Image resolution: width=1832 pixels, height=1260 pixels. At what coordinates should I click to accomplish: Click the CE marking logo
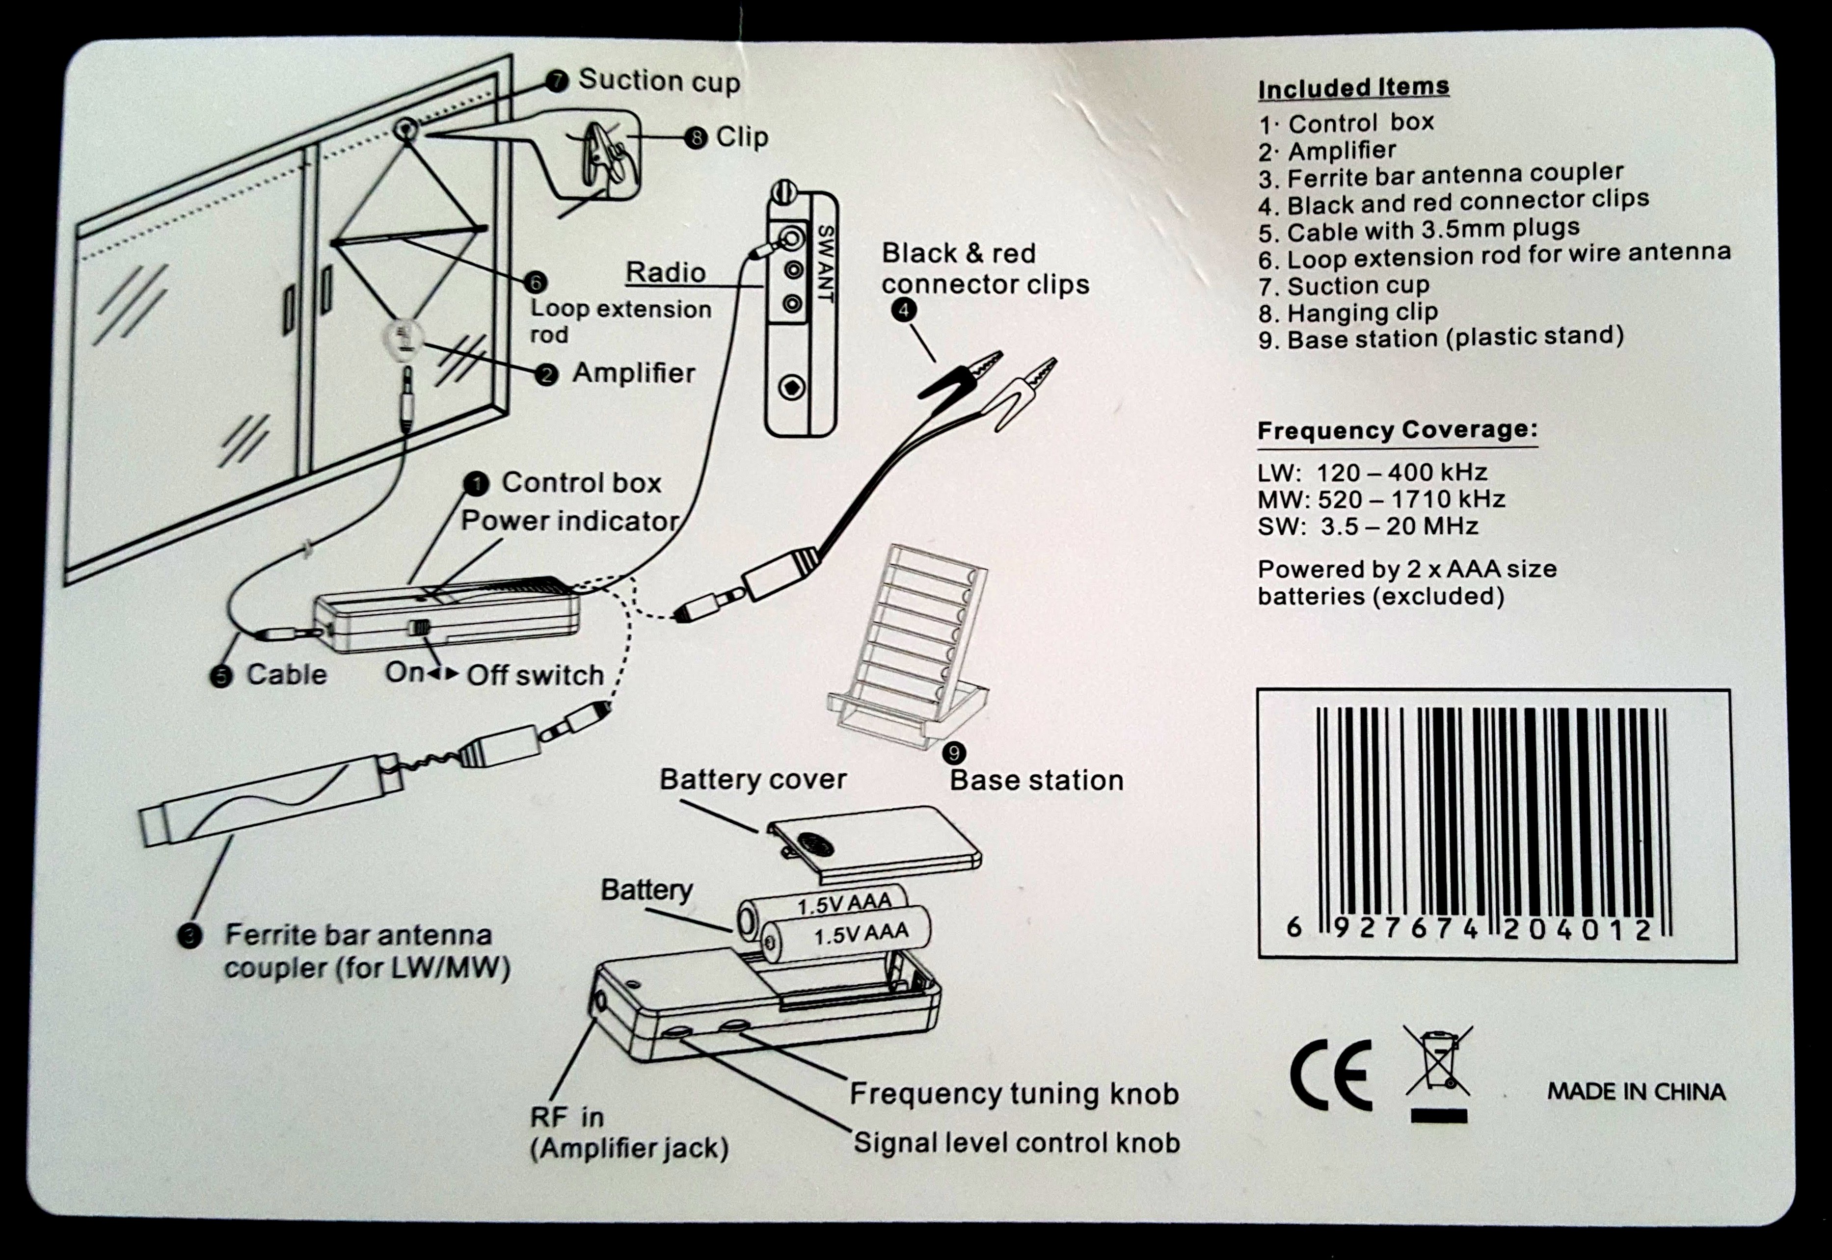[x=1331, y=1075]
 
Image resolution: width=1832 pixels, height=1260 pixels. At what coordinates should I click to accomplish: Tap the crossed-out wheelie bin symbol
[x=1438, y=1062]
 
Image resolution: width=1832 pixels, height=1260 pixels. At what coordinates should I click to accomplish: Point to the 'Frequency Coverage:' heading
[x=1397, y=430]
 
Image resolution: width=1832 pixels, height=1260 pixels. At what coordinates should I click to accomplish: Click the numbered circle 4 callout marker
[x=903, y=310]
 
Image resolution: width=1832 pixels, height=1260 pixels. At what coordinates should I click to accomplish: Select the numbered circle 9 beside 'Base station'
[x=954, y=753]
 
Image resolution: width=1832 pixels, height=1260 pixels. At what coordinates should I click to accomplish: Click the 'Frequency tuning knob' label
[x=1014, y=1093]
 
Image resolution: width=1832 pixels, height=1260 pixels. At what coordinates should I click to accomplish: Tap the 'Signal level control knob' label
[x=1016, y=1142]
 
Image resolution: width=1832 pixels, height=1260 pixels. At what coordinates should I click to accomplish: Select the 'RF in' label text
[x=566, y=1117]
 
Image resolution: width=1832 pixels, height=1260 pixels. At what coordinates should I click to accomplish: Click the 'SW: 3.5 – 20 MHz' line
[x=1368, y=526]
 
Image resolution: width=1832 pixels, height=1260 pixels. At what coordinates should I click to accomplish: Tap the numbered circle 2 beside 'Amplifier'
[x=546, y=374]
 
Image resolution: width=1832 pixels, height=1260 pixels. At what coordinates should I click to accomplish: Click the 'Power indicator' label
[x=569, y=521]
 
